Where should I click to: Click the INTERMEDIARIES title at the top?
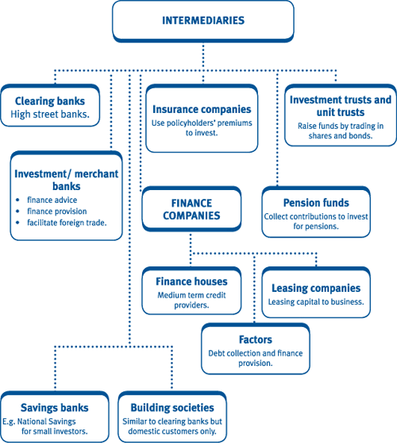click(x=203, y=21)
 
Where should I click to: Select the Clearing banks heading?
click(x=50, y=101)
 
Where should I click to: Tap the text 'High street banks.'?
click(x=50, y=115)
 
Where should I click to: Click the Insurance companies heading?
click(x=202, y=109)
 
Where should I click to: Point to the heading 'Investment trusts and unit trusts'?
click(x=341, y=106)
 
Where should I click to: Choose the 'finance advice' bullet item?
click(x=52, y=200)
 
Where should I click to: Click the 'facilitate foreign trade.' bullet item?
click(x=67, y=223)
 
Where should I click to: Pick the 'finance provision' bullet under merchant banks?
click(x=57, y=212)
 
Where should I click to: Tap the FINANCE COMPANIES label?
click(x=191, y=209)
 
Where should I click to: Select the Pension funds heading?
click(x=316, y=203)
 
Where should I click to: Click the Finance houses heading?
click(x=191, y=282)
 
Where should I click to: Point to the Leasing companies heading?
click(x=316, y=288)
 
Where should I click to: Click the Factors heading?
click(x=256, y=340)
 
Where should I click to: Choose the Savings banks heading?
click(x=55, y=408)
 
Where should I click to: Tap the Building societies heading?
click(x=172, y=408)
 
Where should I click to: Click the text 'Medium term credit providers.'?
click(x=191, y=300)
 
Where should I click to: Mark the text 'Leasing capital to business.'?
click(x=316, y=301)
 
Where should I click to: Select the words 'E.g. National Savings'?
click(x=39, y=422)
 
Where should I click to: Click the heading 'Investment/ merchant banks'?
click(x=67, y=180)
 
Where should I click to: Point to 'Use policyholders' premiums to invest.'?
click(x=202, y=128)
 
